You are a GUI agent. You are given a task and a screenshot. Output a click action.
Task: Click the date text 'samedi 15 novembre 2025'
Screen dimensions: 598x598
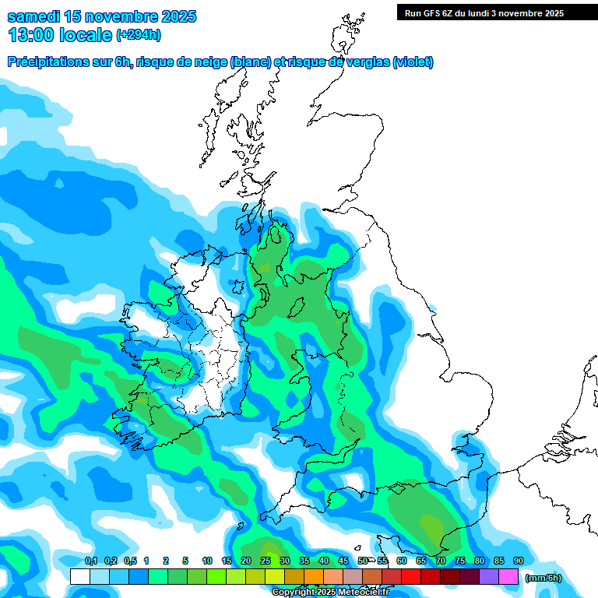coord(102,16)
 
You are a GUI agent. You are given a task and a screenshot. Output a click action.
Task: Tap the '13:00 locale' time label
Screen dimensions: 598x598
coord(59,35)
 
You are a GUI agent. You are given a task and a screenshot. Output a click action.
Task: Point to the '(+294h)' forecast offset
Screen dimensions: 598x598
coord(138,35)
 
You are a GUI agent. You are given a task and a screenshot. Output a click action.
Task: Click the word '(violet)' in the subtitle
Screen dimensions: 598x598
coord(413,62)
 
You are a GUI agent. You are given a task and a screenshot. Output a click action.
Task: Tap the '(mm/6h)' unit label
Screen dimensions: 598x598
coord(543,577)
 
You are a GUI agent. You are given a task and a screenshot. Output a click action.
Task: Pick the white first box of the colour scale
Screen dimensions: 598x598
coord(79,577)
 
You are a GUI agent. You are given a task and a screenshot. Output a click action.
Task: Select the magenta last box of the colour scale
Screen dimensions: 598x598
coord(508,577)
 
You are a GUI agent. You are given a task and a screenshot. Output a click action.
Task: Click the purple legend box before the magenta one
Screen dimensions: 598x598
coord(489,577)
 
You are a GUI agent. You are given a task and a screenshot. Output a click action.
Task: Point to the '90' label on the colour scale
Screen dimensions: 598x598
coord(519,561)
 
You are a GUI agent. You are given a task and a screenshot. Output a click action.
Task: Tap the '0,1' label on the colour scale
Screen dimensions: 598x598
coord(90,561)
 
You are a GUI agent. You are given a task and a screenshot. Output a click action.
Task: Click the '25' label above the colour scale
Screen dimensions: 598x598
coord(266,561)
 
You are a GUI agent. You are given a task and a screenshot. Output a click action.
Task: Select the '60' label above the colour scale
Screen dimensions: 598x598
coord(402,561)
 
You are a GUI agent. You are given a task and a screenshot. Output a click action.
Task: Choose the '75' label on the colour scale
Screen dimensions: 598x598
coord(460,561)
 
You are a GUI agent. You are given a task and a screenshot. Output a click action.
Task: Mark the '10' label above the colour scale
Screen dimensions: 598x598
coord(207,561)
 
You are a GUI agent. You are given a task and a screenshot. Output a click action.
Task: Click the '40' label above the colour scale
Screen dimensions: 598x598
coord(324,561)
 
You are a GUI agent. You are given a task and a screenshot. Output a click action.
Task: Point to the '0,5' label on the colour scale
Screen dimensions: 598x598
coord(129,561)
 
